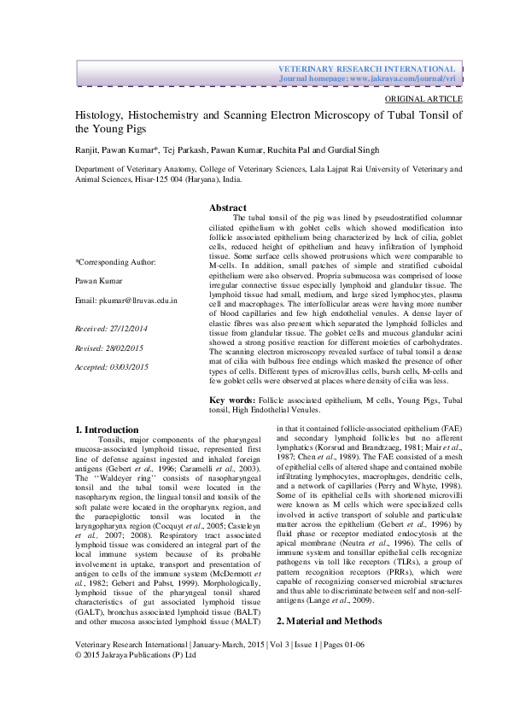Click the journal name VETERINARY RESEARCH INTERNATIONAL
(x=368, y=67)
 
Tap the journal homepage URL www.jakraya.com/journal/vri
(x=403, y=78)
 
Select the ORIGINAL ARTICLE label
(x=424, y=99)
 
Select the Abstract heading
(x=228, y=208)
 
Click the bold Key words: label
(x=232, y=400)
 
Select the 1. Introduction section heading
(x=107, y=430)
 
